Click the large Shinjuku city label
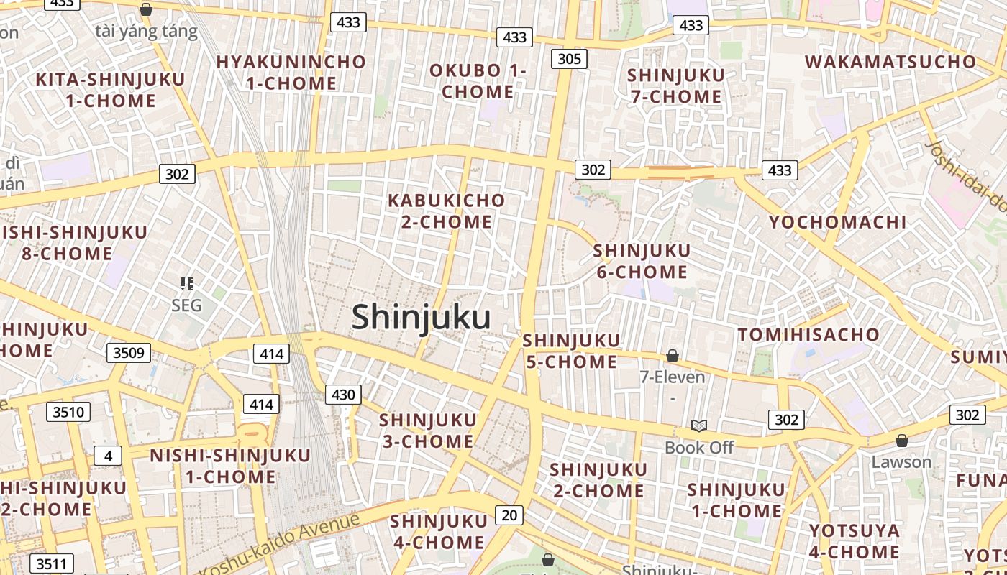pos(422,317)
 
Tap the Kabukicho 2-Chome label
pos(446,211)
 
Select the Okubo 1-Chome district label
pos(478,81)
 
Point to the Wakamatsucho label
pos(890,62)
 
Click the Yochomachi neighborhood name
pos(838,222)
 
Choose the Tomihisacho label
pos(808,335)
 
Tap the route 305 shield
pos(569,59)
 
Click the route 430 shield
pos(343,394)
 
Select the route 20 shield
pos(509,515)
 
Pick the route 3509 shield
pos(129,353)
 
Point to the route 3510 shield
pos(69,413)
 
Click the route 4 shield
pos(108,456)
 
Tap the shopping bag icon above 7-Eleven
pos(673,356)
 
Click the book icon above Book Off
pos(699,425)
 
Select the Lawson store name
pos(901,462)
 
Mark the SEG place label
pos(187,305)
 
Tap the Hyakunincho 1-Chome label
pos(291,72)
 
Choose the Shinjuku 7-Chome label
pos(676,86)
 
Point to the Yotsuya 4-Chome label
pos(855,541)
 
